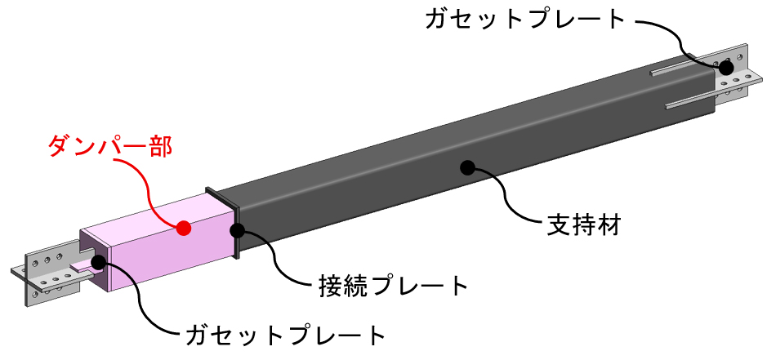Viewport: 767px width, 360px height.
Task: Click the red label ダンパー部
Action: pyautogui.click(x=110, y=146)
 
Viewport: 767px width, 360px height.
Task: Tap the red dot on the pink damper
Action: pyautogui.click(x=184, y=228)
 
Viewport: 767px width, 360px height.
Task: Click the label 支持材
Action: pyautogui.click(x=583, y=225)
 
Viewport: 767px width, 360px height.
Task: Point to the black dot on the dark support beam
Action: pyautogui.click(x=468, y=168)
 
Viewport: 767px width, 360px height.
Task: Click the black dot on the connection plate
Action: pyautogui.click(x=238, y=230)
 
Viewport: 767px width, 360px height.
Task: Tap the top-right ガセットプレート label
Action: pyautogui.click(x=525, y=20)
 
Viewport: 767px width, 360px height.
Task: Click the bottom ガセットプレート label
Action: pyautogui.click(x=286, y=336)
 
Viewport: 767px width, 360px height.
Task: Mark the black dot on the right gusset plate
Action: pyautogui.click(x=726, y=67)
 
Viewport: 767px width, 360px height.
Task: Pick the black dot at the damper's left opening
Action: pyautogui.click(x=98, y=262)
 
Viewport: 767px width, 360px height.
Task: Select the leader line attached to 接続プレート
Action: pyautogui.click(x=274, y=260)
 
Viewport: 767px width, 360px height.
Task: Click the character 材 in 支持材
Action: pyautogui.click(x=609, y=225)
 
